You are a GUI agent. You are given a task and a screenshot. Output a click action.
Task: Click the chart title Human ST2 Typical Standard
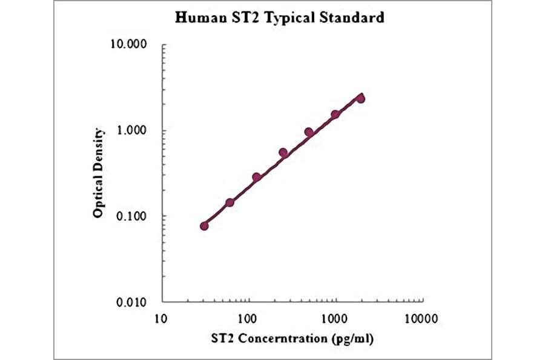point(279,18)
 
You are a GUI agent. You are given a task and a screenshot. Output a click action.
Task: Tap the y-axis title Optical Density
point(99,173)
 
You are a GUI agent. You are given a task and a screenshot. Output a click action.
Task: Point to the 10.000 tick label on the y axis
point(130,45)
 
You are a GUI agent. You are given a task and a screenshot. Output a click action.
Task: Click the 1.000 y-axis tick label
point(132,130)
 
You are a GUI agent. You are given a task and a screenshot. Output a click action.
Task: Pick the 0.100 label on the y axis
point(132,216)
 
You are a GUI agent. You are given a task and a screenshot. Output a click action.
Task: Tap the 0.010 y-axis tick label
point(132,302)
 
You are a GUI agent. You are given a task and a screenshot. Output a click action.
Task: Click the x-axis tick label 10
point(160,318)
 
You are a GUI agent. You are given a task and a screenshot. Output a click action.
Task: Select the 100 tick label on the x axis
point(247,318)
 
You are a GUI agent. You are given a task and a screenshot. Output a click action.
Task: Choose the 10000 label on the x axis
point(421,318)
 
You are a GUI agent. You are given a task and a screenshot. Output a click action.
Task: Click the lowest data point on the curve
point(204,226)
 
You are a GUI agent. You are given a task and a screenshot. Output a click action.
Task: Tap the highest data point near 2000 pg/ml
point(361,98)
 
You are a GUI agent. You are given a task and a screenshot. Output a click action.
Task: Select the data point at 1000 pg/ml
point(335,115)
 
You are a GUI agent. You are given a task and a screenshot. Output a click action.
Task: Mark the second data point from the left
point(230,202)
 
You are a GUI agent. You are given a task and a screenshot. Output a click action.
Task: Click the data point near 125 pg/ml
point(256,177)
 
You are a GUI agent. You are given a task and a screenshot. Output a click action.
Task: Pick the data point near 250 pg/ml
point(283,153)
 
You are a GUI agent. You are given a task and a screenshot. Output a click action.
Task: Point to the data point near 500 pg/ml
point(309,132)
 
